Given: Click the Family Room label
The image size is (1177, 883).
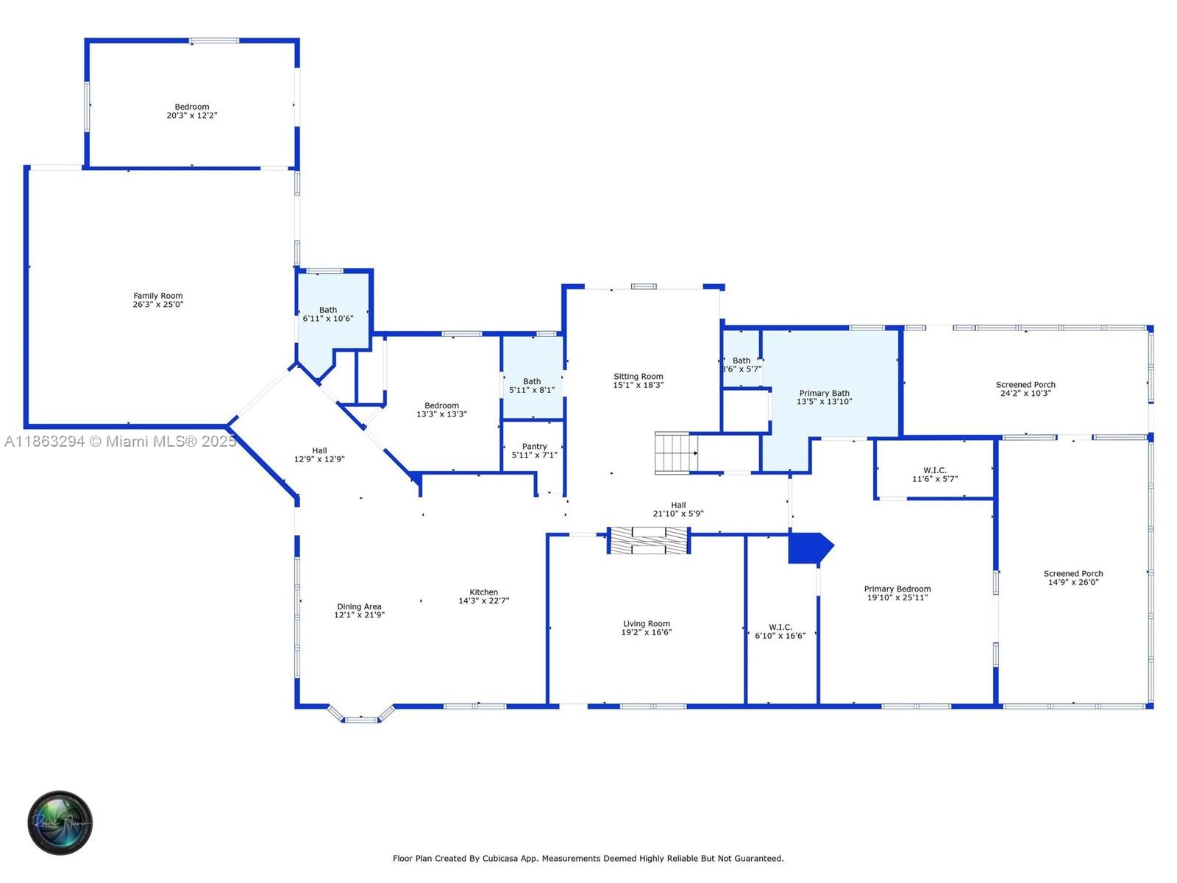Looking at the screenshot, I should (158, 296).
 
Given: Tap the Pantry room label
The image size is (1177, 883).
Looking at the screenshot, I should (535, 447).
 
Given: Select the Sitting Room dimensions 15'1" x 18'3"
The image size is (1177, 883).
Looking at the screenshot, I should (639, 385).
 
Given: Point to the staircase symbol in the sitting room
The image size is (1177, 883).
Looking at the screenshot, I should (676, 453).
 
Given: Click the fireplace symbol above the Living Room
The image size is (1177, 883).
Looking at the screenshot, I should (649, 540).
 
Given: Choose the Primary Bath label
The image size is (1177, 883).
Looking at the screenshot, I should (825, 394).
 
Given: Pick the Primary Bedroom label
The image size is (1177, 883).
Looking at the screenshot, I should (897, 589).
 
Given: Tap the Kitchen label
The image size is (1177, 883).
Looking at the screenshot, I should (484, 592).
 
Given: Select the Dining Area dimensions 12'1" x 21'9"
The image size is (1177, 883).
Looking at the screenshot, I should (360, 615).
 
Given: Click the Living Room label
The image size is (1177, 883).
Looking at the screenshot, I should (647, 624).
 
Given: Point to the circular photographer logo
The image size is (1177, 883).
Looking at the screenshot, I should (60, 823).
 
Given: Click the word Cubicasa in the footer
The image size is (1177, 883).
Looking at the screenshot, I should (501, 859).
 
